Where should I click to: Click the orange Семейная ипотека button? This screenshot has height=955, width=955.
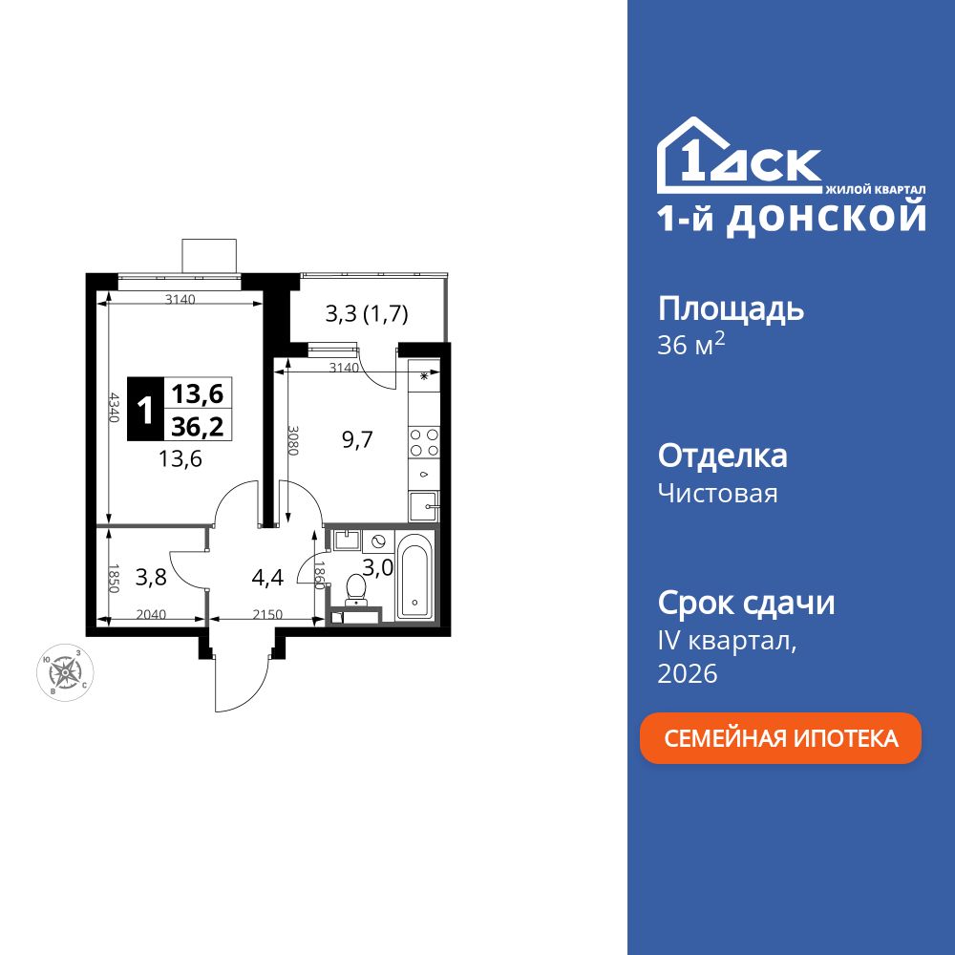(780, 738)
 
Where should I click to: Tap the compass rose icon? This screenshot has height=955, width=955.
(65, 671)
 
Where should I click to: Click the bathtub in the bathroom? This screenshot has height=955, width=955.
(416, 578)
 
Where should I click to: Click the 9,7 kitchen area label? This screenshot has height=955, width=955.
(357, 439)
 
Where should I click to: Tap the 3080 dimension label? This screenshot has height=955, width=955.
(293, 440)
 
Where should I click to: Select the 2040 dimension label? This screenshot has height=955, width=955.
(151, 615)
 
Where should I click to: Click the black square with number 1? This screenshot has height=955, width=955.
(145, 410)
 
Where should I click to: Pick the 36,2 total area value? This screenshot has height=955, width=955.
(197, 426)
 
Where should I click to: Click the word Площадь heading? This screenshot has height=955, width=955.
(731, 308)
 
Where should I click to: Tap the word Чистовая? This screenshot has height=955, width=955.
(717, 494)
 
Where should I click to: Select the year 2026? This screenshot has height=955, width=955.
(688, 673)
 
